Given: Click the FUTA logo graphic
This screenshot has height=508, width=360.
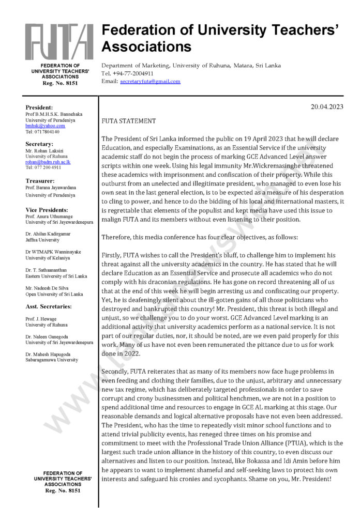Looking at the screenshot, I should tap(59, 41).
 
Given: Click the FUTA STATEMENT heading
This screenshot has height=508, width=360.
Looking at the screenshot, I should tap(128, 121).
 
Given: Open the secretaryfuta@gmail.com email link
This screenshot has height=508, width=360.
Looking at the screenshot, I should tap(150, 81).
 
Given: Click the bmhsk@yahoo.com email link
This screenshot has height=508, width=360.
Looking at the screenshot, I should tap(45, 126).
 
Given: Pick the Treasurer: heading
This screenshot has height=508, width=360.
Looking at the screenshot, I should tap(40, 181).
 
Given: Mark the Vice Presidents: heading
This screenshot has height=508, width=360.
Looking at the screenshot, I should tap(47, 210).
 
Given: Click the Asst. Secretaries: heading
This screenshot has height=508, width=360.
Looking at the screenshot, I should tap(49, 306).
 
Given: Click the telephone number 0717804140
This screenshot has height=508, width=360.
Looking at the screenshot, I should tap(42, 132).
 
